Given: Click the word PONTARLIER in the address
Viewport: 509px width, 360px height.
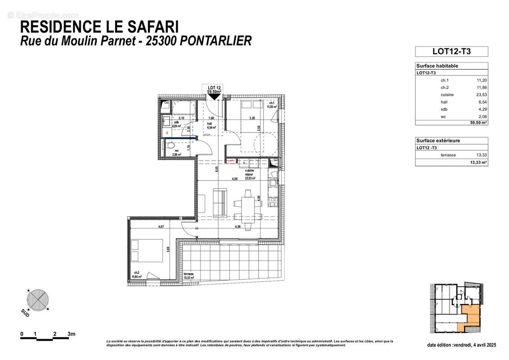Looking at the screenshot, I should point(216,41).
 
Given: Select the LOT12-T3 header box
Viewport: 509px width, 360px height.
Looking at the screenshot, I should point(451,51).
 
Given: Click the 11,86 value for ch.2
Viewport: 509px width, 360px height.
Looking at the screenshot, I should point(482,88).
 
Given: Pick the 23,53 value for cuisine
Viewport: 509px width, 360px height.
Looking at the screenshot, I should point(482,95).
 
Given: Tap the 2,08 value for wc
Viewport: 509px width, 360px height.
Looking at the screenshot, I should point(482,117).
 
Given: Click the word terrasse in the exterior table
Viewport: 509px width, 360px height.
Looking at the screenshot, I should point(448,155).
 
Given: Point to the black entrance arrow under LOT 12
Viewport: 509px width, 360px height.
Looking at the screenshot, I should point(214,96).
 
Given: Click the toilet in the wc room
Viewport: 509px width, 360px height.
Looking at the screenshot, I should point(170,145).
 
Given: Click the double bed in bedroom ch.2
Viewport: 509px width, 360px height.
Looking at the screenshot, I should point(146,250).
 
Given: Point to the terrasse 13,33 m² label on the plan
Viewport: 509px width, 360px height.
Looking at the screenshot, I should point(188,276).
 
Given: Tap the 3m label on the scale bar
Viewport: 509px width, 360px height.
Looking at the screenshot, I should point(71,334).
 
